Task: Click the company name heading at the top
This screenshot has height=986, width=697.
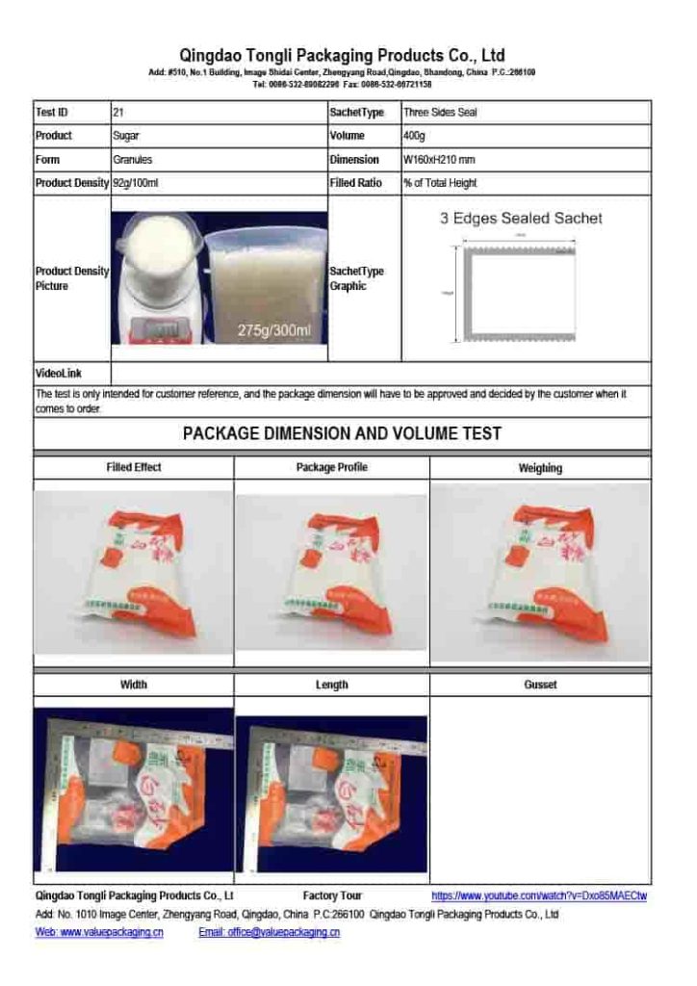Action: point(342,56)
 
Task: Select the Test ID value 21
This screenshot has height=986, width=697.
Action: point(117,113)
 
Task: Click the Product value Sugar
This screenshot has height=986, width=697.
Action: point(126,136)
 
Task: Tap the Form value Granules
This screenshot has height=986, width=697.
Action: point(132,160)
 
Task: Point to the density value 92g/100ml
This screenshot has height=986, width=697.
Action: point(135,183)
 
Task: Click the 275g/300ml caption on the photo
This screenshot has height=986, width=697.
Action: point(274,331)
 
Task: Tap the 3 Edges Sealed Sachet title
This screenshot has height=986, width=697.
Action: point(521,219)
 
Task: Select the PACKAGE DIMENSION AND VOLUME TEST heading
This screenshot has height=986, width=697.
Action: point(342,434)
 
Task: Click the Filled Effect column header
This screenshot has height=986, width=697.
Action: point(134,468)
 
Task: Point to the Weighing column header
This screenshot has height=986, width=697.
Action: point(540,469)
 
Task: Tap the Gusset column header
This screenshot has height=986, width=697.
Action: point(540,685)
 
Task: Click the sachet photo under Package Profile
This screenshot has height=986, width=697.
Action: point(331,575)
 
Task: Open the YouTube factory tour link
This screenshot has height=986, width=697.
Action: point(538,895)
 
